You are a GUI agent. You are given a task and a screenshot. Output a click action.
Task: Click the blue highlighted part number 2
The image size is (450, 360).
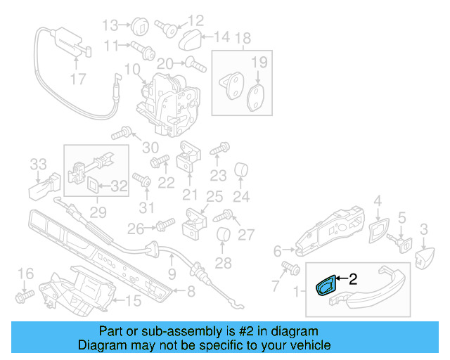coord(326,286)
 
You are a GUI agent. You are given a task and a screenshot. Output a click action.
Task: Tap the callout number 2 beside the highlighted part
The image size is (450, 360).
coord(353,279)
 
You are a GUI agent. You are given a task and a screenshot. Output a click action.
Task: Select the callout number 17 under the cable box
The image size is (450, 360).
coord(79,79)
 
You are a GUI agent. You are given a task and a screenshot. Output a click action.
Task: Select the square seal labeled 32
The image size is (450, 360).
coord(94,186)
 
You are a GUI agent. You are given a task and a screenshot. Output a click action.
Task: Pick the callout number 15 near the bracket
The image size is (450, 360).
coord(132,301)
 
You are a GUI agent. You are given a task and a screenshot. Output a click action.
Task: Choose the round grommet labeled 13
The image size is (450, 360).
coord(138,26)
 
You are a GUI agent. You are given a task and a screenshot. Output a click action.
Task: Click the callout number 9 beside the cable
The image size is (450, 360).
coord(172,273)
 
